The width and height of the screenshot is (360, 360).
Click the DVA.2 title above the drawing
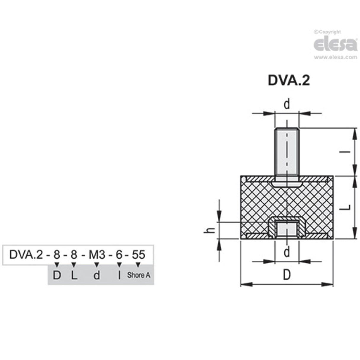point(289,80)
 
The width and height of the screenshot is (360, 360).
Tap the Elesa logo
point(335,44)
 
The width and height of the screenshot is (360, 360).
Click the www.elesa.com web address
point(335,57)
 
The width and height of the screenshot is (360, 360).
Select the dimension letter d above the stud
point(287,104)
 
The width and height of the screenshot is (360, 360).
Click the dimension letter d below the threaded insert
point(287,252)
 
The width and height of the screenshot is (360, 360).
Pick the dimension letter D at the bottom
point(286,275)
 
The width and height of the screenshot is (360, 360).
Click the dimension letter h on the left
point(210,230)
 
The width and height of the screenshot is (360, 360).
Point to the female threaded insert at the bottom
point(287,229)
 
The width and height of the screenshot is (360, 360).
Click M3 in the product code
point(97,254)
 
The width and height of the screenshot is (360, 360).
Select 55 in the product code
point(138,254)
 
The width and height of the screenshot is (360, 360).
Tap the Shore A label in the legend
point(138,275)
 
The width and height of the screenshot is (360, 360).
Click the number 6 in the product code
point(119,254)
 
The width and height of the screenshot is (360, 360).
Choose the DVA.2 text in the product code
point(26,254)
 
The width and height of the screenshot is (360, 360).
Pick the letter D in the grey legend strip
point(57,275)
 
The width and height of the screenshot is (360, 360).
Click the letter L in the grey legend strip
point(74,275)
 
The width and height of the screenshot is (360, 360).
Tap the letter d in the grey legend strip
point(96,275)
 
